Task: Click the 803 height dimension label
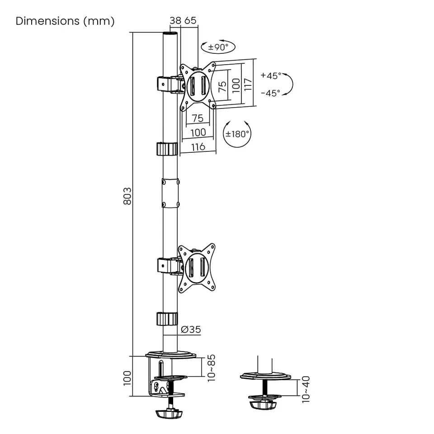(x=127, y=196)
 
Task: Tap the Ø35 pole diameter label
(x=191, y=330)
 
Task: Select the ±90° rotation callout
(x=218, y=47)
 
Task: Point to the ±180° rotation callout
(x=237, y=134)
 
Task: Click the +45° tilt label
(x=271, y=75)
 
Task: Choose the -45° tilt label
(x=270, y=93)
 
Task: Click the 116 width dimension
(x=198, y=146)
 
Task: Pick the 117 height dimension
(x=248, y=85)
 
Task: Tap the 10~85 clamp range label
(x=211, y=368)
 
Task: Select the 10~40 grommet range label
(x=306, y=389)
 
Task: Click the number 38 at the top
(x=175, y=20)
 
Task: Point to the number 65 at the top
(x=190, y=20)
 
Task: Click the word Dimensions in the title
(x=47, y=21)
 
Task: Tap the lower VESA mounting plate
(x=197, y=268)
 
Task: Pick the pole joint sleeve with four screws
(x=170, y=193)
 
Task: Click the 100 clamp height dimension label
(x=127, y=378)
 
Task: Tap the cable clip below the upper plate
(x=167, y=149)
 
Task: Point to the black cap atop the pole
(x=170, y=34)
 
